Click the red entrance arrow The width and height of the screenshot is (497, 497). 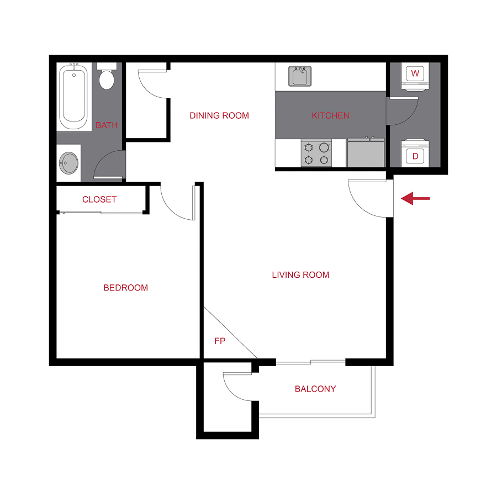[415, 198]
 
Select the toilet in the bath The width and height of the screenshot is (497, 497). [107, 77]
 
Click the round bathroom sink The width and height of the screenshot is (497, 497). [68, 163]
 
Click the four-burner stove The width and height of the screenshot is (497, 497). [316, 153]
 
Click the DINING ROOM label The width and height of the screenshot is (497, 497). [219, 115]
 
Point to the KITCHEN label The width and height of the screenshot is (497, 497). [330, 115]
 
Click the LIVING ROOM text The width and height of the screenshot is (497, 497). [300, 274]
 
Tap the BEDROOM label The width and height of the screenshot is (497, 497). [126, 288]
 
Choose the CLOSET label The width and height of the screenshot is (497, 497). [99, 199]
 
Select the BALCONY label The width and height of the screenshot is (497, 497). [315, 389]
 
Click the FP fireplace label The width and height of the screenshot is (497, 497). [220, 341]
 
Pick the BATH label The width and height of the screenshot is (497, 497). [107, 125]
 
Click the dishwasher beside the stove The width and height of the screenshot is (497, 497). [366, 153]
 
